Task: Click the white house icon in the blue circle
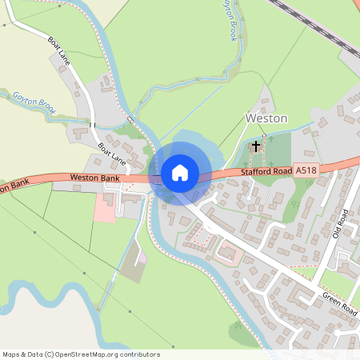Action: (x=180, y=172)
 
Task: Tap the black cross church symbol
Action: (x=256, y=146)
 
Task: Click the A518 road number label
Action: (x=306, y=170)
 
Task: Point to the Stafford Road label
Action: (x=266, y=172)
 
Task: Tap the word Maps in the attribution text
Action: (x=12, y=354)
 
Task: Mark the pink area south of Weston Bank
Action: (x=105, y=207)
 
